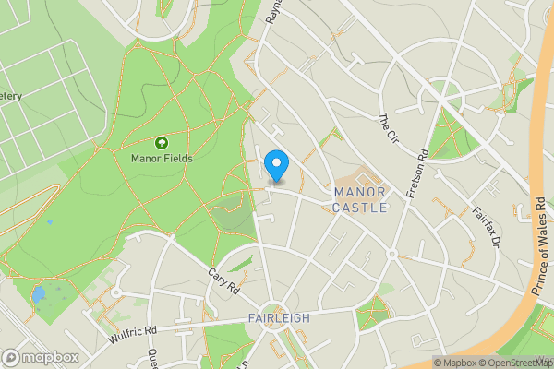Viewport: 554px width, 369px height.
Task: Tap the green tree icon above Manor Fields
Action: point(162,143)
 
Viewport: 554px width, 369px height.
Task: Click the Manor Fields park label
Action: point(162,158)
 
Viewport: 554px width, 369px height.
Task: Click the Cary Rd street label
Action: point(223,280)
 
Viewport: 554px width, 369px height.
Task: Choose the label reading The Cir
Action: point(388,128)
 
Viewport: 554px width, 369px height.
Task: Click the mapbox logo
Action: point(41,357)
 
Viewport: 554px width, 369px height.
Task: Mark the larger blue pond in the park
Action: point(38,296)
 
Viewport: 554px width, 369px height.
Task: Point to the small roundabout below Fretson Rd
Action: point(391,253)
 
